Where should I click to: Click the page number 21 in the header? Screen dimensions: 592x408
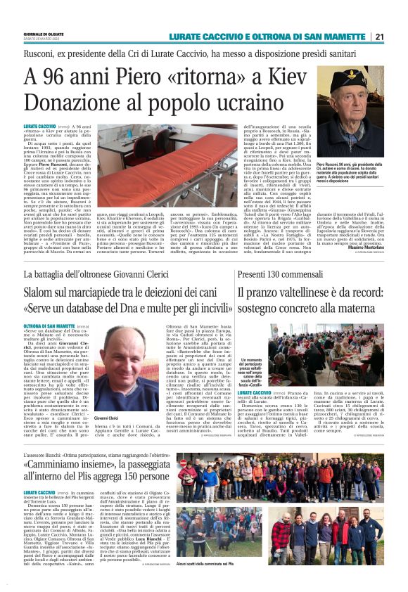[x=398, y=37]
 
